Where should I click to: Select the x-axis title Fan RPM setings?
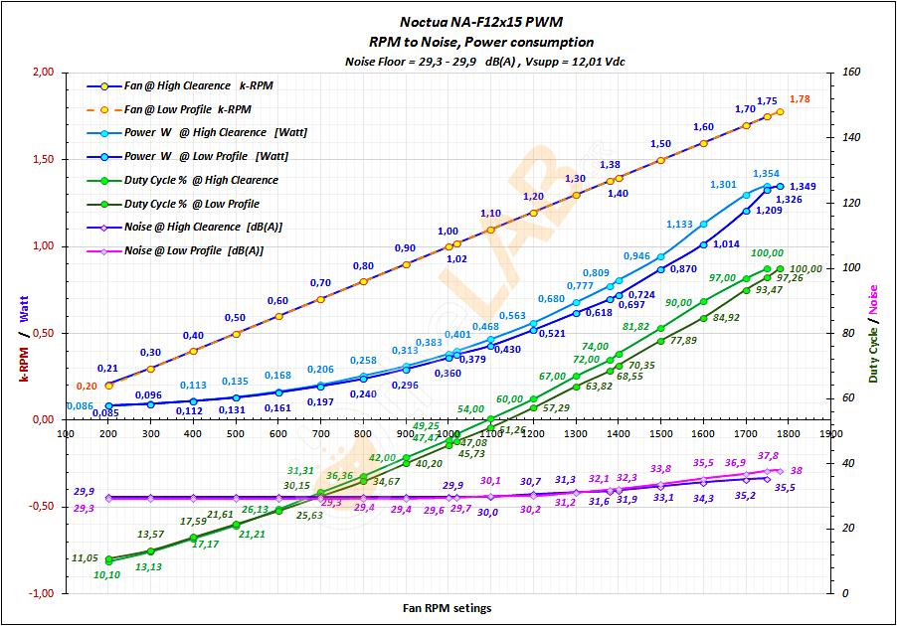447,607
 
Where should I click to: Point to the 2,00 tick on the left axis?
43,73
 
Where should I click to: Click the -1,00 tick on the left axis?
41,593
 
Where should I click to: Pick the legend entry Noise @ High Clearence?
203,227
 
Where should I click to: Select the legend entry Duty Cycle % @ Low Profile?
191,204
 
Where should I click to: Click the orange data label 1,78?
801,99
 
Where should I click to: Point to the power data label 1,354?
766,174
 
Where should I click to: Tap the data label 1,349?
804,187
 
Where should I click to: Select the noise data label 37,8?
768,456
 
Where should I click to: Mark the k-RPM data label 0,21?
107,369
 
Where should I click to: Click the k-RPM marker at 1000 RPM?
448,246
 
